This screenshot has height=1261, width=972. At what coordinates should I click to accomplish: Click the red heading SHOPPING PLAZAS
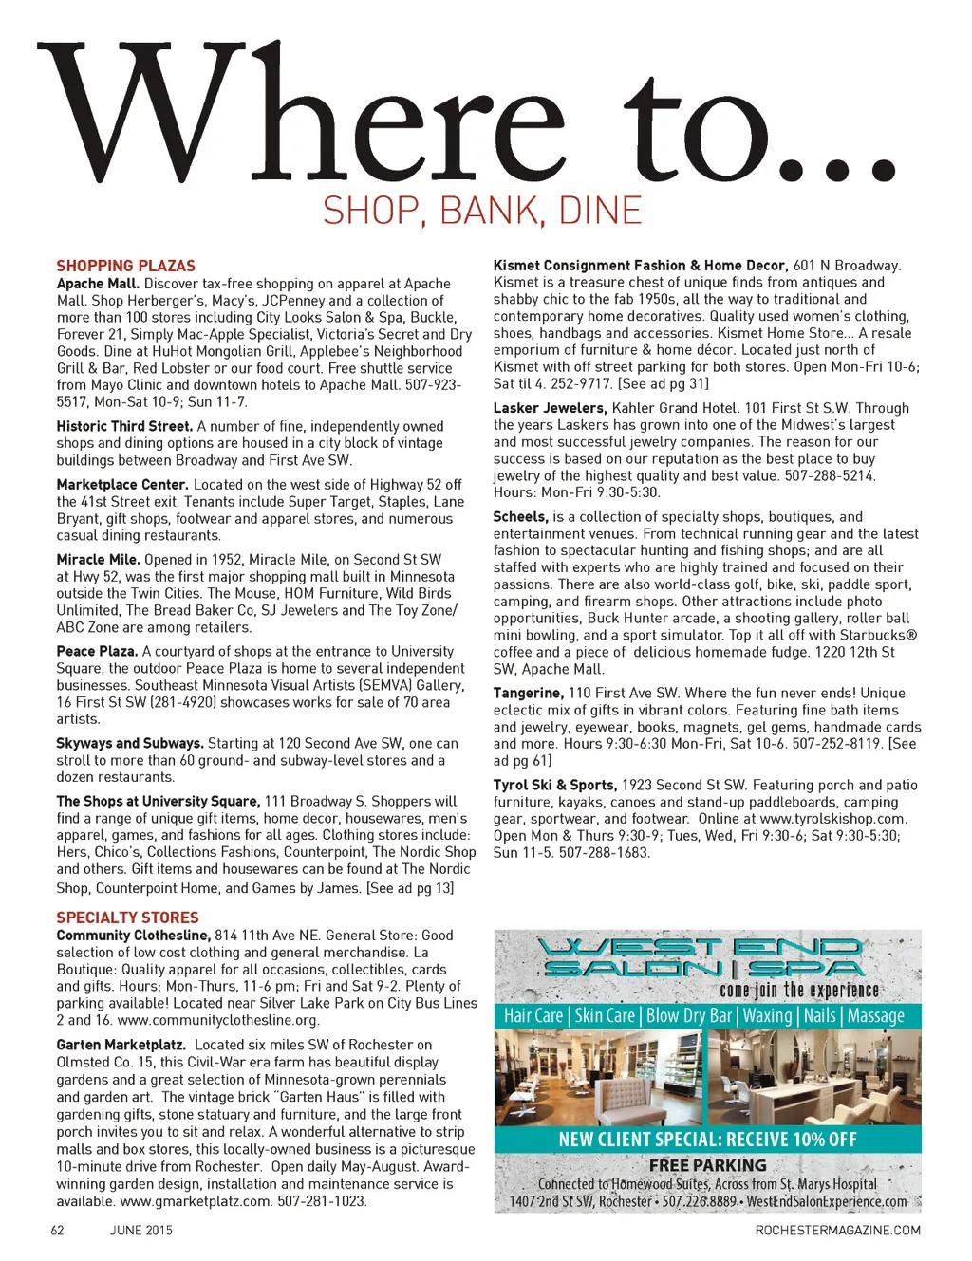(125, 267)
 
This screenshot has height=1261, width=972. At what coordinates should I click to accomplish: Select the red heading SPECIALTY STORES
(127, 918)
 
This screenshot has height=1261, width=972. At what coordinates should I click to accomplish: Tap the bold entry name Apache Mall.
(99, 284)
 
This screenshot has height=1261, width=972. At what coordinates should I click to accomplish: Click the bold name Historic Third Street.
(124, 426)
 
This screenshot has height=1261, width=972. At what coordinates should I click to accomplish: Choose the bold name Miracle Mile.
(99, 560)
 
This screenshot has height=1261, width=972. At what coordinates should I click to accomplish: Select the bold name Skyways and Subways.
(130, 744)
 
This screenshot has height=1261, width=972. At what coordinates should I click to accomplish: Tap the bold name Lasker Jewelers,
(551, 408)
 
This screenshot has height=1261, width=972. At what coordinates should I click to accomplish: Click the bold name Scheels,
(521, 517)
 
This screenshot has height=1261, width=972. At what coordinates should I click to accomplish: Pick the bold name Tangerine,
(529, 694)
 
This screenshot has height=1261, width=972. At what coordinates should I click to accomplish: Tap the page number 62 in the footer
(57, 1231)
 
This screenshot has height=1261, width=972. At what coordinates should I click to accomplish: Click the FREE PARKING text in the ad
(707, 1165)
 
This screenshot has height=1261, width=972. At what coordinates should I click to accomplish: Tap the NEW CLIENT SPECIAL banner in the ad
(708, 1140)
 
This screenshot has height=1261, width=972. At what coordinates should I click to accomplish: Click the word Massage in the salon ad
(875, 1015)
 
